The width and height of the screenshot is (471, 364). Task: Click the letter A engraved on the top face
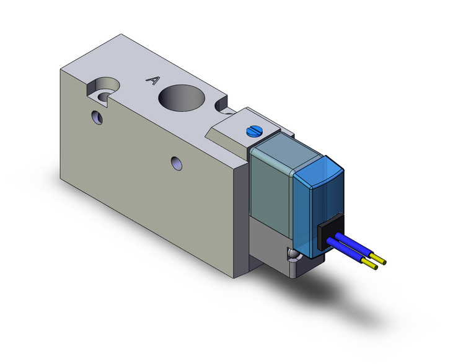click(151, 79)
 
